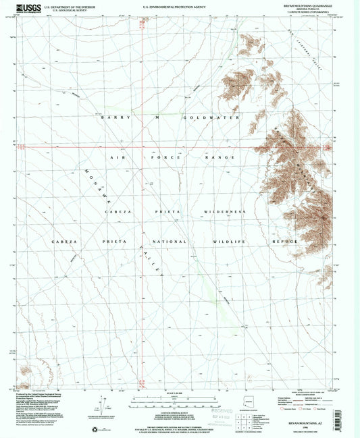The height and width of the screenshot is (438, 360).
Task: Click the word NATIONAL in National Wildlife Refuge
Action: (x=172, y=241)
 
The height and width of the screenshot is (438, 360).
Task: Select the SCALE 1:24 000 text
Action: (x=178, y=393)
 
